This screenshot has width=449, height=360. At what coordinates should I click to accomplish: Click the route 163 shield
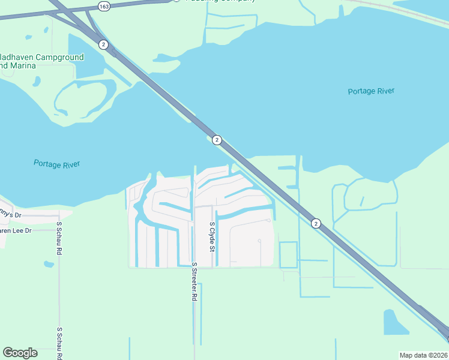104,6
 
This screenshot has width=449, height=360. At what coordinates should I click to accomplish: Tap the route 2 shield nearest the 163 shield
103,44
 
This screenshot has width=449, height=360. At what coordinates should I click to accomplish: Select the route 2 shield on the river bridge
217,140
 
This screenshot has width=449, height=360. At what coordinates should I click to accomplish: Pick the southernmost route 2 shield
316,223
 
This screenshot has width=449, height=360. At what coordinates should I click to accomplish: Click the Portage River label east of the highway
371,91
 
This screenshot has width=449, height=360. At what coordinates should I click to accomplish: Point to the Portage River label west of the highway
56,164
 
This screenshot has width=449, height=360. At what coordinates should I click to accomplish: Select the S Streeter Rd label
194,281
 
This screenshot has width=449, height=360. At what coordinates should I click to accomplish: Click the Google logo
20,353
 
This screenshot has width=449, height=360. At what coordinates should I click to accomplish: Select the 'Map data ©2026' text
423,355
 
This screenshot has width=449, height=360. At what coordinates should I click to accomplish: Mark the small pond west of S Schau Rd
49,263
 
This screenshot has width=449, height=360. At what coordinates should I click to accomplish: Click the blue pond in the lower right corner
395,323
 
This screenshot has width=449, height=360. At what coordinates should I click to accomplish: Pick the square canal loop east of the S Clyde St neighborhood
288,254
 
